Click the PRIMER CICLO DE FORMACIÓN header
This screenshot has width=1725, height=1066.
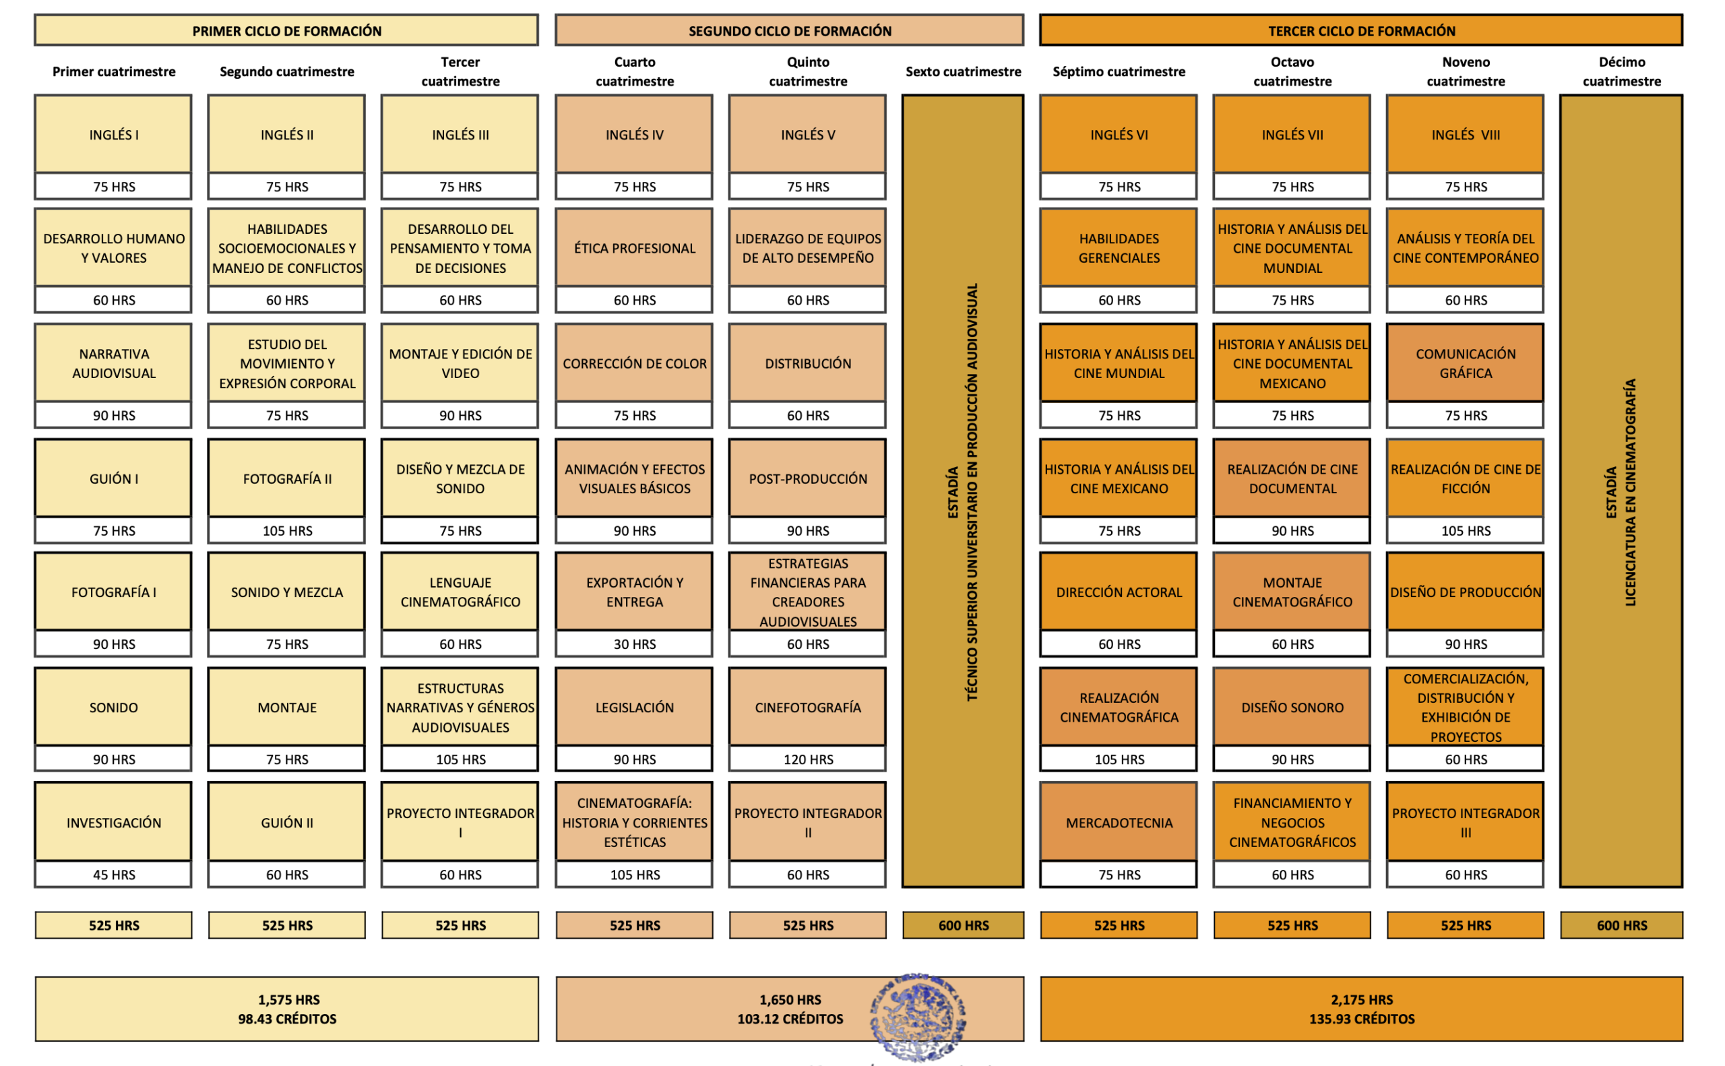pos(286,30)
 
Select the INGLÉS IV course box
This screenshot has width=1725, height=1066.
pos(634,134)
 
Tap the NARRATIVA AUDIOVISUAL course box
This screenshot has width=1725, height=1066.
pos(113,363)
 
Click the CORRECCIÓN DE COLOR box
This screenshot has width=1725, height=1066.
pos(634,363)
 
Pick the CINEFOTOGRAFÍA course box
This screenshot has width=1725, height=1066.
pos(807,706)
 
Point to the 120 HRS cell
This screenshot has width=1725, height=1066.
pos(807,759)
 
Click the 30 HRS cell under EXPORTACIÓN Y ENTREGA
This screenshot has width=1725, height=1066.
pos(634,644)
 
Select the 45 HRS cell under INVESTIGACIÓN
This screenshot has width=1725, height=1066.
pos(113,874)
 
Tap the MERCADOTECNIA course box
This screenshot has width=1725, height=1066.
pos(1118,822)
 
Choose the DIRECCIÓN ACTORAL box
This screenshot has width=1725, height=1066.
pos(1118,592)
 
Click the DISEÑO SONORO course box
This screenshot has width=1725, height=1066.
pos(1292,706)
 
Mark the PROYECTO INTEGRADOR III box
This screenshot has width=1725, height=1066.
pos(1465,822)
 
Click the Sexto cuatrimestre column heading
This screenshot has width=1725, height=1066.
pos(962,71)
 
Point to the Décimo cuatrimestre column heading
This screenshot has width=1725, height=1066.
pos(1621,71)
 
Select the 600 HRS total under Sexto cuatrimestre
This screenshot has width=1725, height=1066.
pos(962,925)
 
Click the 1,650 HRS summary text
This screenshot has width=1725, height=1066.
pos(790,999)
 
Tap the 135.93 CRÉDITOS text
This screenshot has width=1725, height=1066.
pos(1360,1019)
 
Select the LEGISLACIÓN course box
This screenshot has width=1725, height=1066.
pos(634,706)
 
